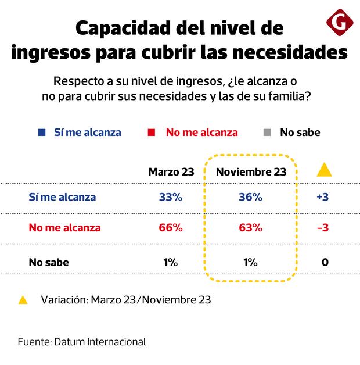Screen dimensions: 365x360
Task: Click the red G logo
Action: [x=340, y=24]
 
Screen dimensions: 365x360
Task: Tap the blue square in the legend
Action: [x=42, y=133]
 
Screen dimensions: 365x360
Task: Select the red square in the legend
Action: [x=152, y=133]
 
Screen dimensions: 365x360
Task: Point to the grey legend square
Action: [x=267, y=133]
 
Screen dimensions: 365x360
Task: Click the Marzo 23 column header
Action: [x=171, y=172]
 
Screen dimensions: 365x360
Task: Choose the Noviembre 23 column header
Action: [x=251, y=172]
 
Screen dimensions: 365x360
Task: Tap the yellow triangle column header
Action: [x=324, y=170]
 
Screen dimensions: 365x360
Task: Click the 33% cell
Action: [x=171, y=197]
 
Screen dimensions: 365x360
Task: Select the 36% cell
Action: [x=250, y=197]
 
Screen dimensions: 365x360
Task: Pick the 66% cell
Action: [x=171, y=227]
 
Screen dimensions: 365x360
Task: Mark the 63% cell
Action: [x=250, y=227]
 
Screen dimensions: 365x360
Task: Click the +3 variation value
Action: [x=323, y=197]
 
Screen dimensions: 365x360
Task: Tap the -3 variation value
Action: [x=323, y=227]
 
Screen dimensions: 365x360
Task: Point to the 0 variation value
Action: [x=325, y=262]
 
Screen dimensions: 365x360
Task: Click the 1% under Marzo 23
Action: [x=171, y=262]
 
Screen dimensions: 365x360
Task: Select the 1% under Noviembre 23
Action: [x=250, y=262]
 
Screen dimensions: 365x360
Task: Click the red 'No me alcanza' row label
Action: [x=64, y=227]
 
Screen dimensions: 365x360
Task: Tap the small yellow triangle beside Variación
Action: [x=23, y=300]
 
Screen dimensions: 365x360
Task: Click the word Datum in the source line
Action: [x=70, y=342]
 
